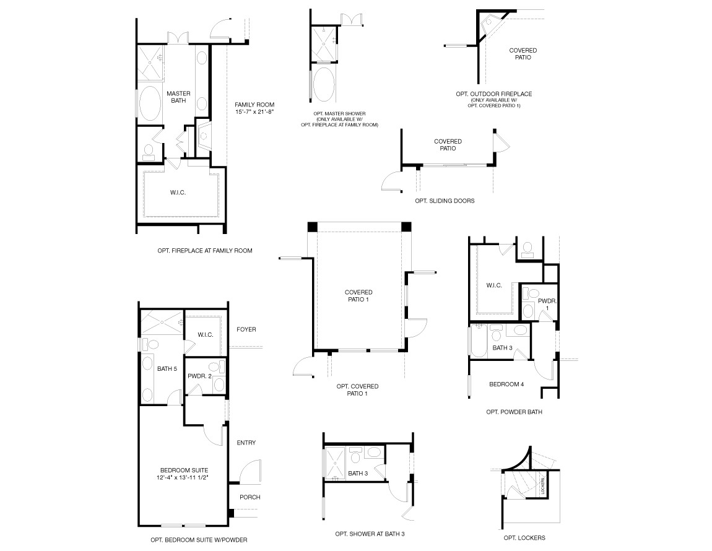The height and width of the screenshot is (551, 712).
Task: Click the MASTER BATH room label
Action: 178,98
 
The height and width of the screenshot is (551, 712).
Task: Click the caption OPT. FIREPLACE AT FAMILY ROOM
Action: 205,251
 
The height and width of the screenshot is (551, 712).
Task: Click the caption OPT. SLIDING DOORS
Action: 445,201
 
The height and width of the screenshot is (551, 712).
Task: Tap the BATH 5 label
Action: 167,370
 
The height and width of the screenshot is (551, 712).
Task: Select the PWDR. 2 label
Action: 200,376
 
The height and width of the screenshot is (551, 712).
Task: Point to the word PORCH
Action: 250,497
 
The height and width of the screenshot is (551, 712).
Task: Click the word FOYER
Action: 246,330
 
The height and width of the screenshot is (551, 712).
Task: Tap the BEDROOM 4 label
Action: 506,384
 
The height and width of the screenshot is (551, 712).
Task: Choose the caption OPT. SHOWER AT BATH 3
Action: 370,534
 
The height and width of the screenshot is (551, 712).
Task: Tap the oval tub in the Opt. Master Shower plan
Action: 323,84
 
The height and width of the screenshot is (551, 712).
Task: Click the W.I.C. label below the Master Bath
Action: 178,193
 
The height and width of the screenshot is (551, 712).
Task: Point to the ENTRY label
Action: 246,443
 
